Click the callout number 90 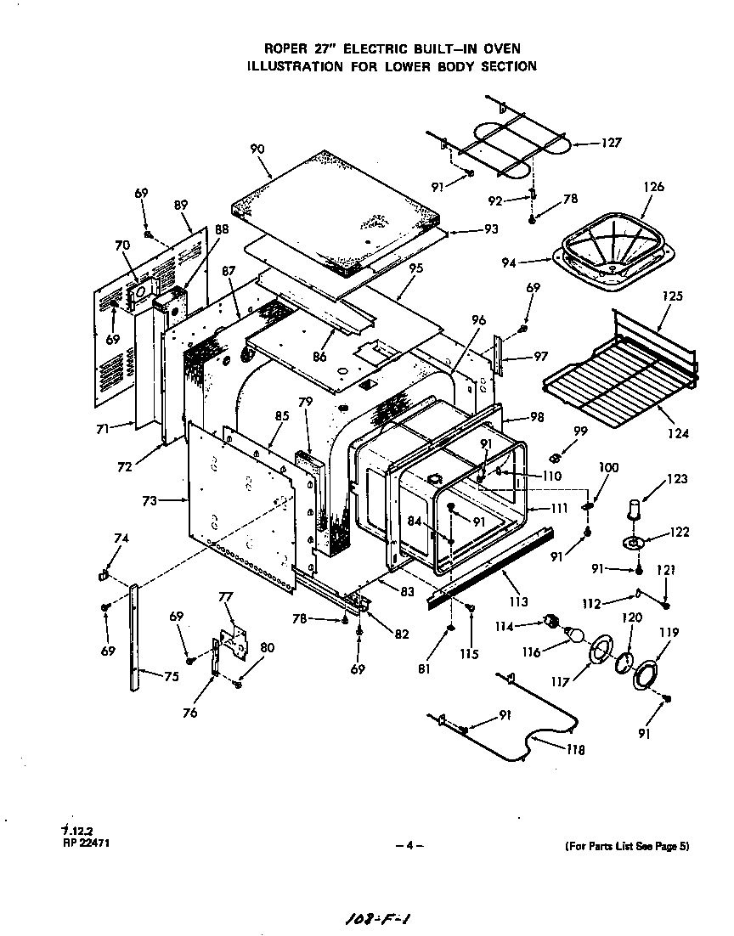click(257, 149)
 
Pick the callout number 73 click(150, 501)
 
